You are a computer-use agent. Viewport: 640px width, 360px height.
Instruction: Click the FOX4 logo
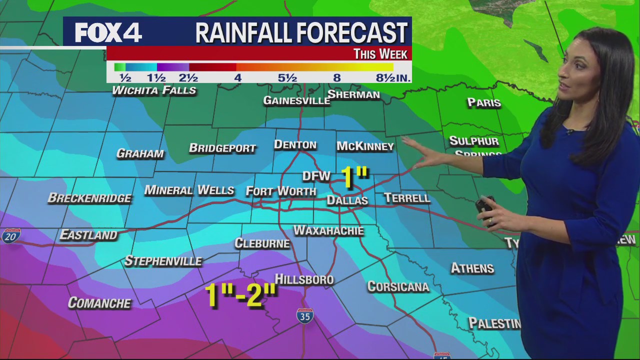point(108,33)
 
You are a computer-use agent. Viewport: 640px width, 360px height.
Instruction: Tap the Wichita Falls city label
point(154,90)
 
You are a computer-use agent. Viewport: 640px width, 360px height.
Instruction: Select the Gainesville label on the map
point(296,100)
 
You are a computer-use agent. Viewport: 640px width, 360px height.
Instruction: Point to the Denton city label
point(295,145)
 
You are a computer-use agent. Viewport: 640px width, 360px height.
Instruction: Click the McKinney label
point(365,146)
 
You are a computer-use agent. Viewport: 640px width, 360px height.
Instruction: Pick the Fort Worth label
point(281,191)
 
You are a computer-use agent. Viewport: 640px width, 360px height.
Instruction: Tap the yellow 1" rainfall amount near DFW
point(354,178)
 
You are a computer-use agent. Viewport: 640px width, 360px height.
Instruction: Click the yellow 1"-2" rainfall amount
point(240,295)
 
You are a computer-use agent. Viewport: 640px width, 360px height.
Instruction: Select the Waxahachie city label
point(328,230)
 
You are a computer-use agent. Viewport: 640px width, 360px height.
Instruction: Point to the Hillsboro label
point(304,279)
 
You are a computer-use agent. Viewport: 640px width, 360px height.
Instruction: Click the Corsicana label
point(398,286)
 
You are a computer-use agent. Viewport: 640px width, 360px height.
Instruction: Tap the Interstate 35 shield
point(304,316)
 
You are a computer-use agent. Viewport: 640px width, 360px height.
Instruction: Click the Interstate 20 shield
point(10,236)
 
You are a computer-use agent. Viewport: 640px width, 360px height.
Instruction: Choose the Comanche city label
point(99,303)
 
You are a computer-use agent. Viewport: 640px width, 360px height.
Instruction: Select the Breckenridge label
point(89,198)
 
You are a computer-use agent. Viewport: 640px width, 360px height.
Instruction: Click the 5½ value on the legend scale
point(287,78)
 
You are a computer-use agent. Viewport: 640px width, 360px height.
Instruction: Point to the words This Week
point(380,54)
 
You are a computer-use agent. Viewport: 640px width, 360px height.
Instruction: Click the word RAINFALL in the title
point(244,33)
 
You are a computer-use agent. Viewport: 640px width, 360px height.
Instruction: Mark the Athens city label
point(472,268)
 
